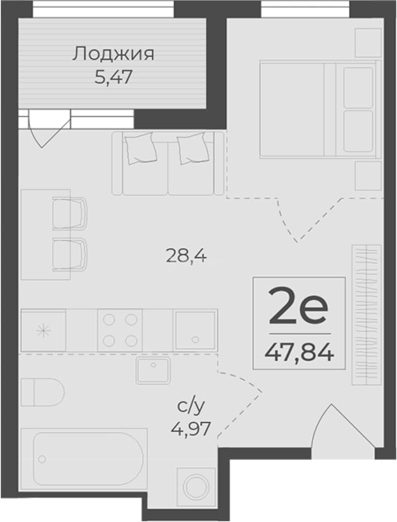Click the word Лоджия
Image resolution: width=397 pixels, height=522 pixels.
tap(113, 54)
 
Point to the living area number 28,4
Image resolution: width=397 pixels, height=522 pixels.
tap(186, 256)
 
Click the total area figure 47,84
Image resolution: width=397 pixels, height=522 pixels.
tap(299, 353)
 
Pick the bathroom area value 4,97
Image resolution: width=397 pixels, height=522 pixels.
tap(191, 428)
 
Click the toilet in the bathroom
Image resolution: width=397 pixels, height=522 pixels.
tap(43, 392)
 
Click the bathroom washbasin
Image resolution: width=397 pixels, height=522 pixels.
tap(153, 370)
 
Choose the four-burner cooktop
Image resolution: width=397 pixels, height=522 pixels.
tap(120, 330)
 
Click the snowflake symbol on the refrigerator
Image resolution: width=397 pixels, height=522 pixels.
tap(44, 331)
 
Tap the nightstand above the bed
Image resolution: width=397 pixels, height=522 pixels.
tap(368, 43)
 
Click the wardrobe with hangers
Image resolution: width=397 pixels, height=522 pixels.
tap(367, 315)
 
